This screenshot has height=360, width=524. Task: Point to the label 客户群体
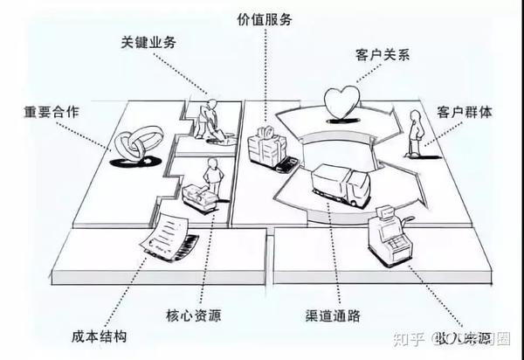pos(466,112)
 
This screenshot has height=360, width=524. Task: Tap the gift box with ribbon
pos(265,144)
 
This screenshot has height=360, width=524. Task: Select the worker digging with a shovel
pos(206,120)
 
